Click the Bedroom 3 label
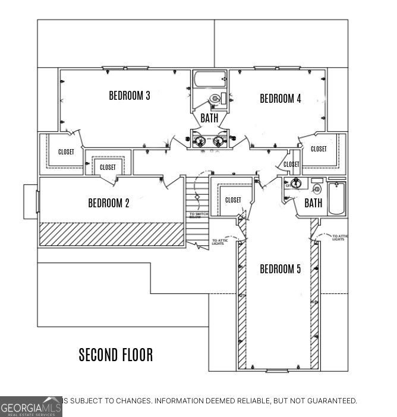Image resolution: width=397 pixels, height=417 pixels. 129,95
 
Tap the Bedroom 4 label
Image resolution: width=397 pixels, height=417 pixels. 280,99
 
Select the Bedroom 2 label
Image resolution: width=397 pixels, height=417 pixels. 109,203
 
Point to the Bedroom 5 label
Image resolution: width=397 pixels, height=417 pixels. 280,269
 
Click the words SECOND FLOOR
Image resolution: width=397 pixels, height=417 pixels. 116,355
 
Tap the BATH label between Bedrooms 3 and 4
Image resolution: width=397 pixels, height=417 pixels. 209,118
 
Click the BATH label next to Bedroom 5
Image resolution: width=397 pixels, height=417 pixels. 313,203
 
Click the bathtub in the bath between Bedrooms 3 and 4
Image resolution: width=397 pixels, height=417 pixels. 209,79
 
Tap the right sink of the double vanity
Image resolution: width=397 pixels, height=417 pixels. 218,141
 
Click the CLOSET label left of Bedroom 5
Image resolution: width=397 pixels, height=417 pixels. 233,200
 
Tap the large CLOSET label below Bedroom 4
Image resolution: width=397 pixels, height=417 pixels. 319,149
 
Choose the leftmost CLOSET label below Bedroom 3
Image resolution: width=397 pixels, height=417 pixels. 66,152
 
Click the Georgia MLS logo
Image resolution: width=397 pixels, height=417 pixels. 31,406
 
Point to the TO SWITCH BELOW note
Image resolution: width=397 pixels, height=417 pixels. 198,216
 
